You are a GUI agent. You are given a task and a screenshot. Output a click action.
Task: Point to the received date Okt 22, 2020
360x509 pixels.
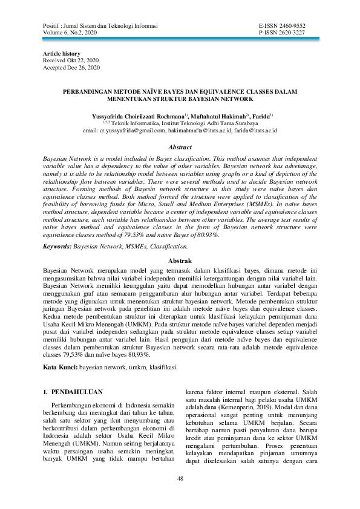85,61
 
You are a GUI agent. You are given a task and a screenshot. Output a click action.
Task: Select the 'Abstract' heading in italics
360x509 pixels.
180,146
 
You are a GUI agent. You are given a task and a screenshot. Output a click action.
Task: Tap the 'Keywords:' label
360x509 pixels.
57,247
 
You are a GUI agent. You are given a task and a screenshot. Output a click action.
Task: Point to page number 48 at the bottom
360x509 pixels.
180,479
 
